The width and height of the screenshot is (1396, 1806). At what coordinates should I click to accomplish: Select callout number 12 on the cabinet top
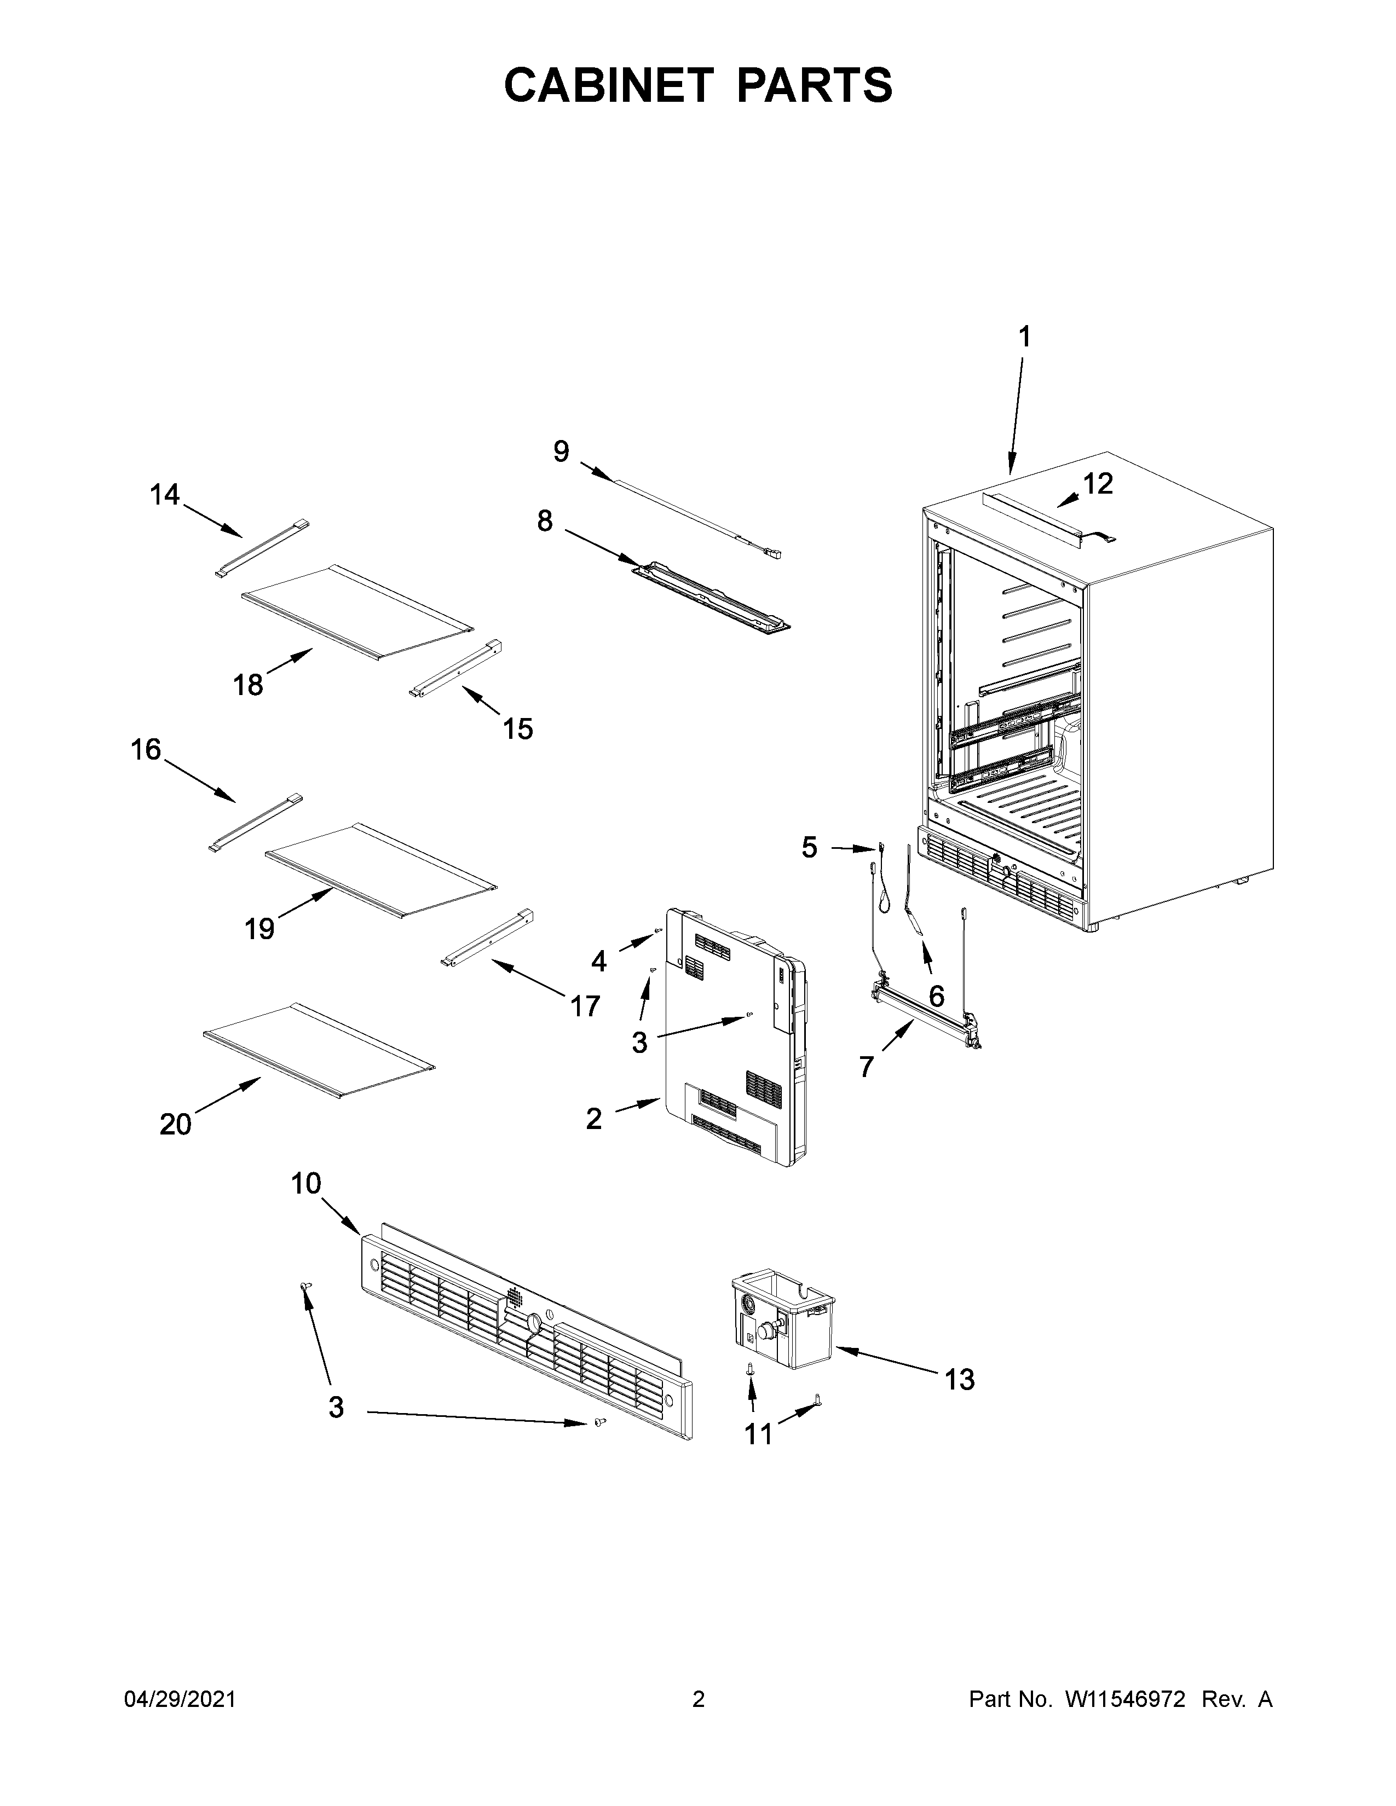(x=1098, y=484)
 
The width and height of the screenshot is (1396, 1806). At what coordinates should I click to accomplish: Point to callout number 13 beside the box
(x=959, y=1379)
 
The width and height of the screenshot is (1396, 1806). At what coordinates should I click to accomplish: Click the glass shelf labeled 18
(x=356, y=611)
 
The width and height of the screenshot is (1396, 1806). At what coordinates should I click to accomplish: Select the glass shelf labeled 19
(x=380, y=869)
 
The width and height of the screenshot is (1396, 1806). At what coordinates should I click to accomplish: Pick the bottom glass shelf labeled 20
(x=319, y=1051)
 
